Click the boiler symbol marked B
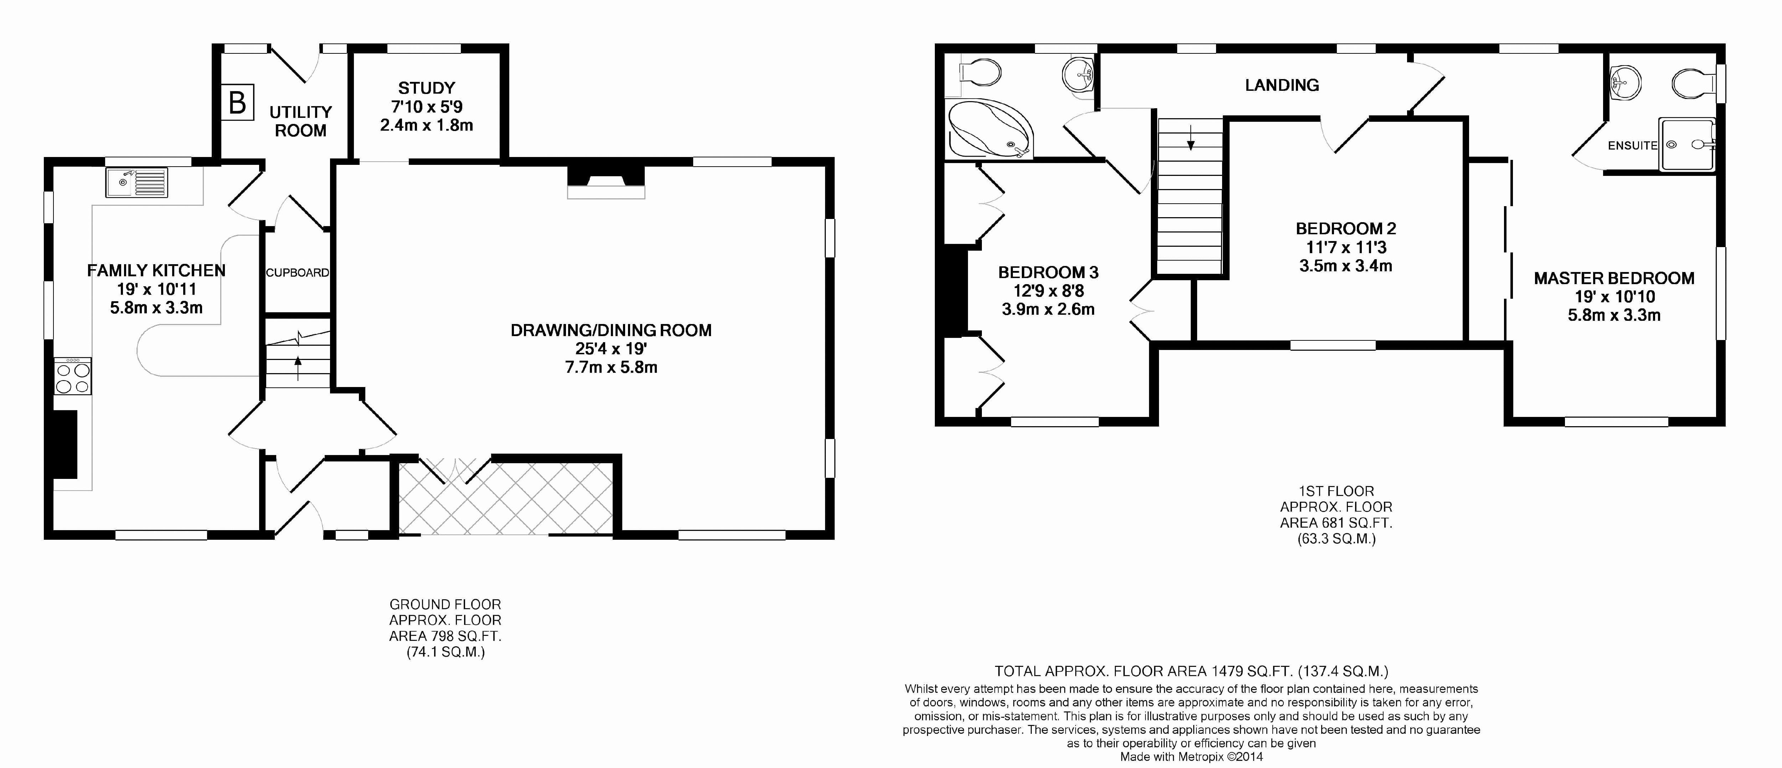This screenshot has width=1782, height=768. click(237, 103)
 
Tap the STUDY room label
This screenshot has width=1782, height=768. click(426, 88)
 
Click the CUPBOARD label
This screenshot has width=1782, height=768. click(298, 272)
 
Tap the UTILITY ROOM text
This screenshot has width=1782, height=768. click(300, 121)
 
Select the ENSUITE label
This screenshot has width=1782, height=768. click(1632, 145)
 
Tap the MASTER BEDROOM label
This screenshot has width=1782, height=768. click(1614, 278)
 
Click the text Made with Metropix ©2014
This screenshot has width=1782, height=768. click(1191, 756)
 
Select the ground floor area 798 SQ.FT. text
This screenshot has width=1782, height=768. click(445, 636)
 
